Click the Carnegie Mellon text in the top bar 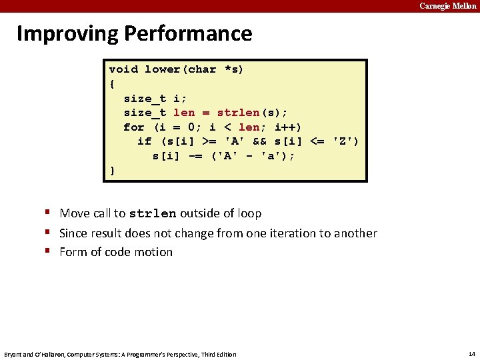(x=447, y=6)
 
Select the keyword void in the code (x=123, y=69)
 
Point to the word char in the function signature (x=202, y=69)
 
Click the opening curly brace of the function (x=112, y=84)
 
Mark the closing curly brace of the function (x=112, y=171)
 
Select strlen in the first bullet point (x=152, y=214)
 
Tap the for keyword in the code (x=133, y=127)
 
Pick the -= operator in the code (x=195, y=156)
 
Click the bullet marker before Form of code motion (x=49, y=251)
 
